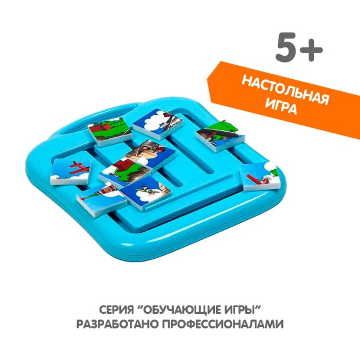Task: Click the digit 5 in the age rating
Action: [287, 48]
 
